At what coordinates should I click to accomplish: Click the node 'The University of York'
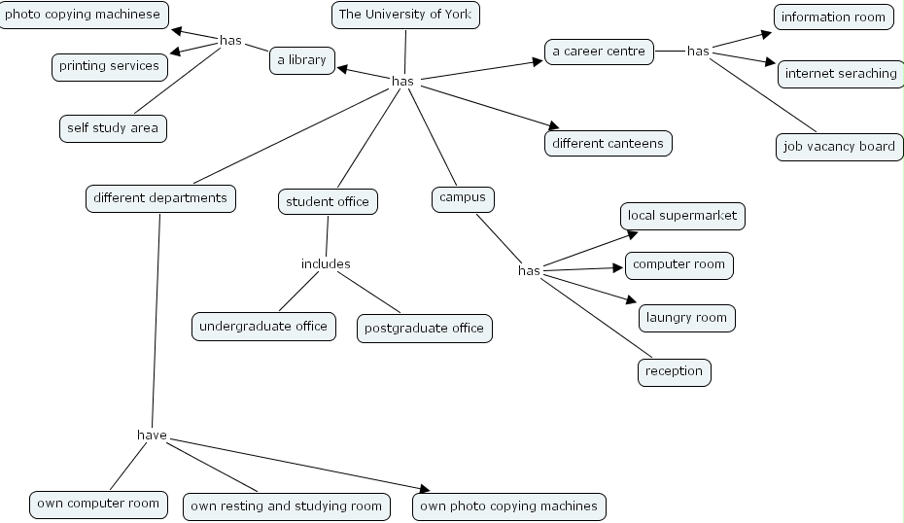(x=405, y=15)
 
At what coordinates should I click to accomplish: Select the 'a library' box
(x=301, y=60)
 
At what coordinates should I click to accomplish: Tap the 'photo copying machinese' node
(x=83, y=16)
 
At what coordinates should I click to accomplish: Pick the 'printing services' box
(x=109, y=66)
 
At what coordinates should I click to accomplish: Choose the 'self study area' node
(x=112, y=127)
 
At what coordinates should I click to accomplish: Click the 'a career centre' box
(x=598, y=52)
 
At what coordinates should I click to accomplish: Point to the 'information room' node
(x=833, y=17)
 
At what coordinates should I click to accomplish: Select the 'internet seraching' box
(x=841, y=74)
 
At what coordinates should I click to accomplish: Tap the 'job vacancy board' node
(x=838, y=147)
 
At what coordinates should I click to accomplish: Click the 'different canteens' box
(x=608, y=143)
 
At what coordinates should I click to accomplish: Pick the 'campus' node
(x=462, y=198)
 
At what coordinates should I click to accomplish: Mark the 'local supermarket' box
(x=682, y=216)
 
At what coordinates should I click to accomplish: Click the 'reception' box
(x=674, y=371)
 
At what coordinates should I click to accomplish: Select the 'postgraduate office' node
(x=424, y=329)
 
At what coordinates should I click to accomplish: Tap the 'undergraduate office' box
(x=263, y=327)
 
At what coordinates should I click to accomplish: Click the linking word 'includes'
(x=326, y=263)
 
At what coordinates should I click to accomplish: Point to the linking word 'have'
(x=152, y=435)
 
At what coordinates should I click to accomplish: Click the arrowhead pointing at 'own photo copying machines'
(x=423, y=488)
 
